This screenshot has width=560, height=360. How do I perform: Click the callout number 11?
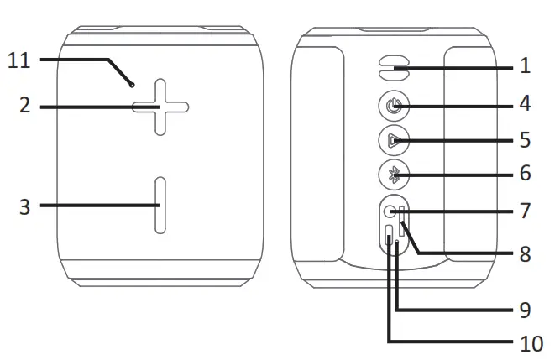coord(18,60)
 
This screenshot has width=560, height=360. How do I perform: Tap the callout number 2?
coord(24,107)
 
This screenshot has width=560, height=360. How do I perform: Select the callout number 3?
coord(24,205)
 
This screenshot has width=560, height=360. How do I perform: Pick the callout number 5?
coord(525,140)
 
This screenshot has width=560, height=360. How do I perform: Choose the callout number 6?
coord(525,174)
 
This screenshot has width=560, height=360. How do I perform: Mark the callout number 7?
coord(525,210)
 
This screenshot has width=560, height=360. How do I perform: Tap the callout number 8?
coord(525,253)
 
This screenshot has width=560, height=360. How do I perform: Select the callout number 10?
coord(525,342)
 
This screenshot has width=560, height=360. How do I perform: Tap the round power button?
coord(394,107)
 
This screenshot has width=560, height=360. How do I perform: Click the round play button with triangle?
coord(394,140)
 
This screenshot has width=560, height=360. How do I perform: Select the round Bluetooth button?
coord(394,174)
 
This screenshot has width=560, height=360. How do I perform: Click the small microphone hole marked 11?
coord(132,84)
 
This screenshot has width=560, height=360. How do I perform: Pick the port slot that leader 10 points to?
coord(389,237)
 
